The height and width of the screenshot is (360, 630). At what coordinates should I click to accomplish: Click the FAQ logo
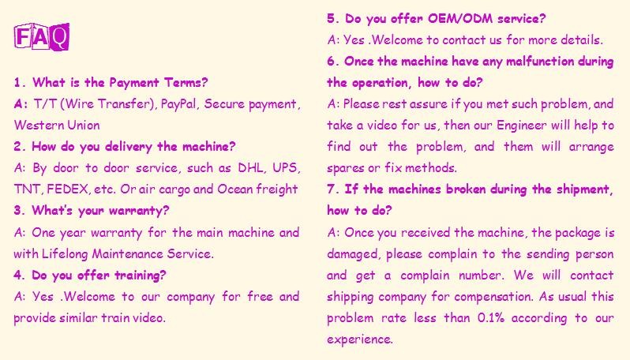[x=42, y=36]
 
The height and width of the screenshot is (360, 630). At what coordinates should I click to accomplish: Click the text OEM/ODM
[x=460, y=18]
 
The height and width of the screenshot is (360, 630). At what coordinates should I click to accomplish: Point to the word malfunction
[x=539, y=61]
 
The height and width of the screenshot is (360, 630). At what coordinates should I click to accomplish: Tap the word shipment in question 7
[x=584, y=189]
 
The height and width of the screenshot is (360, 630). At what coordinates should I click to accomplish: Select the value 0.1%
[x=490, y=318]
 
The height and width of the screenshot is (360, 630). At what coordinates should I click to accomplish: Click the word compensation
[x=493, y=297]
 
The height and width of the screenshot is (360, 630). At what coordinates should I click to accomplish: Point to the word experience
[x=359, y=339]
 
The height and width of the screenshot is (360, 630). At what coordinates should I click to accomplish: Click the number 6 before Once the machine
[x=331, y=61]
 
